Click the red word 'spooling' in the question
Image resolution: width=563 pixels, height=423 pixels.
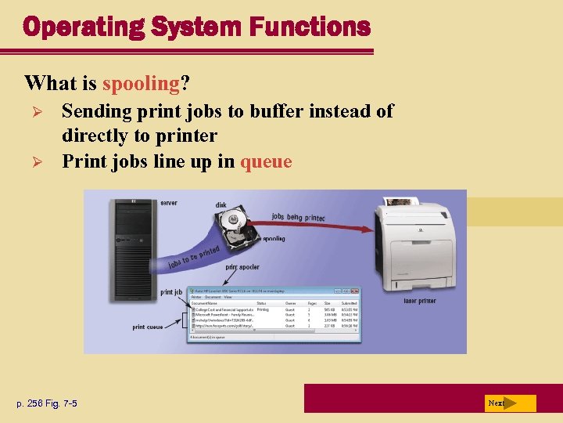[x=142, y=82]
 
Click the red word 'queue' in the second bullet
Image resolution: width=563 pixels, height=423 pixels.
[x=266, y=161]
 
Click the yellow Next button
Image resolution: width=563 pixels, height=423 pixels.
[x=509, y=403]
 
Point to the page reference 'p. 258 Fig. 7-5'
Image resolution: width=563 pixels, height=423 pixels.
[x=48, y=403]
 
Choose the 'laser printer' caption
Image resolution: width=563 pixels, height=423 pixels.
[x=420, y=300]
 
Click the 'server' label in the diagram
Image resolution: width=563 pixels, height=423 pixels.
[x=169, y=203]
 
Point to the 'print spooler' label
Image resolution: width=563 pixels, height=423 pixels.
[x=243, y=267]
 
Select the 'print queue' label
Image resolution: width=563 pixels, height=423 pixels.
[x=148, y=327]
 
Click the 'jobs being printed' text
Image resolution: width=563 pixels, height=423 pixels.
[x=299, y=217]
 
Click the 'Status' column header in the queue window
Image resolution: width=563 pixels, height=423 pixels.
[x=261, y=303]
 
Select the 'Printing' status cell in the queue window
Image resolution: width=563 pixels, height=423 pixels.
[x=263, y=309]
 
